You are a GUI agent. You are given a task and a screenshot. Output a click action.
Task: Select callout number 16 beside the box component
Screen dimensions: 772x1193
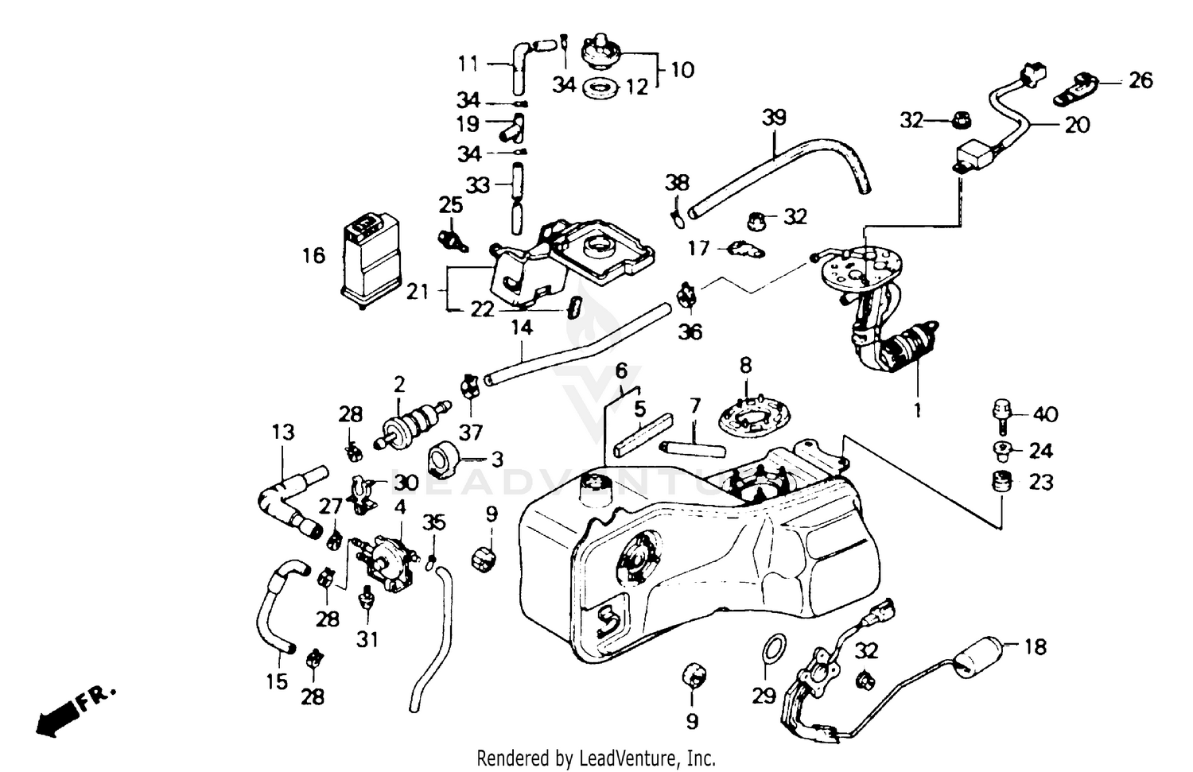tap(314, 255)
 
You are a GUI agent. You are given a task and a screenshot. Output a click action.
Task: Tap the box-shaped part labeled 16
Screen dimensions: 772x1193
tap(371, 256)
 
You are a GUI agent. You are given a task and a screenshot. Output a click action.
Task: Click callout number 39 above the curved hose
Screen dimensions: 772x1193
tap(773, 118)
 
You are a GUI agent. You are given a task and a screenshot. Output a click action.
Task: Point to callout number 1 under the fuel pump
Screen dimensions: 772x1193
tap(917, 411)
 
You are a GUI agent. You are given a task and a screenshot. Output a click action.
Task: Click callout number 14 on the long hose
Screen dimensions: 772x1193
tap(522, 327)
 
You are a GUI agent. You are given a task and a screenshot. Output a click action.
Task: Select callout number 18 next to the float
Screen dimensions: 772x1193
tap(1035, 647)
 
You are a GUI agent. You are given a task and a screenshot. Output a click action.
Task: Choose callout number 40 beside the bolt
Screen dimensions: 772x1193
tap(1045, 414)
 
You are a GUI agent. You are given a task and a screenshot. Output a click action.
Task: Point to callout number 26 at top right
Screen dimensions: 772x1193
tap(1140, 80)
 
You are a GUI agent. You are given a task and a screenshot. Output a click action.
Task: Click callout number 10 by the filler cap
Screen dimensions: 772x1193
tap(682, 70)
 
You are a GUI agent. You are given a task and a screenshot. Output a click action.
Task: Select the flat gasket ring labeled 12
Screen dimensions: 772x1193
tap(601, 87)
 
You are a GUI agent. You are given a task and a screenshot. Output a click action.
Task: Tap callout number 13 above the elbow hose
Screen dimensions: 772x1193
tap(283, 432)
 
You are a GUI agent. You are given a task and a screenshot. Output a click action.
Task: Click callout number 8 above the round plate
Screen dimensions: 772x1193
tap(745, 367)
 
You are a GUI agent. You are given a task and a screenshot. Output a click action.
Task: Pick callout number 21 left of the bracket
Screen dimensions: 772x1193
tap(418, 292)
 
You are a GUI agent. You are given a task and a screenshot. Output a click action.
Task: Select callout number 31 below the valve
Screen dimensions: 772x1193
tap(367, 638)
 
